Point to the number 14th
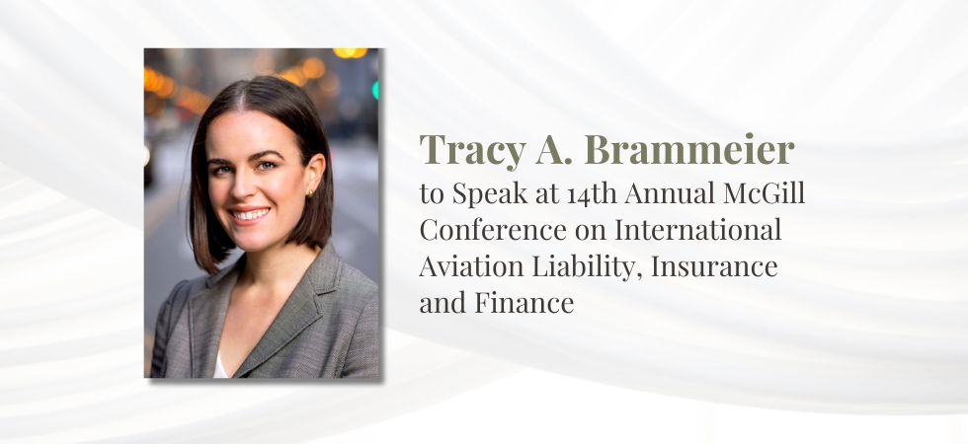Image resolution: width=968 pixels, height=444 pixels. coord(580,194)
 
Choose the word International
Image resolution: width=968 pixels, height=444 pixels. coord(698,231)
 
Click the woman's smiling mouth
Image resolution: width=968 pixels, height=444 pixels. coord(250,213)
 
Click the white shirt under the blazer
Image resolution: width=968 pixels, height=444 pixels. coord(220,368)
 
